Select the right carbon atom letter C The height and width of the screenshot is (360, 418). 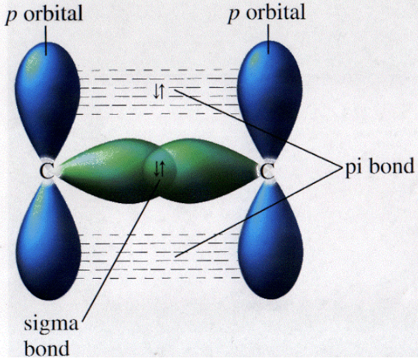(266, 172)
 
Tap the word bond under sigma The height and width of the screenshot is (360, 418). (50, 347)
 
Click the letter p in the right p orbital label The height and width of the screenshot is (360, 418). (233, 15)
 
